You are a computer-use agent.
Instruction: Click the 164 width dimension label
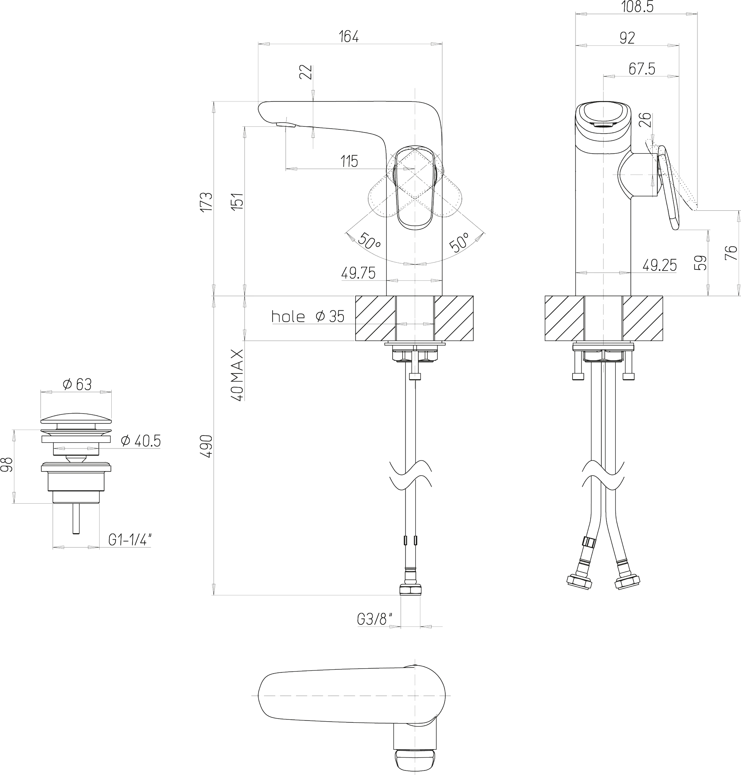(x=349, y=37)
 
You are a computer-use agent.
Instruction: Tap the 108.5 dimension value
(x=637, y=7)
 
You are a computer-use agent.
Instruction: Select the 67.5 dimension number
(x=642, y=69)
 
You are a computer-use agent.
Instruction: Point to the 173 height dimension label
(x=207, y=202)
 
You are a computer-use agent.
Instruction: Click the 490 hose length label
(x=207, y=446)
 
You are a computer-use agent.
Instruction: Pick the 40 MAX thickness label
(x=237, y=375)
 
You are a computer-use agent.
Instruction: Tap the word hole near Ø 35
(x=288, y=317)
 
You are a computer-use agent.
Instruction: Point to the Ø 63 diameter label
(x=77, y=384)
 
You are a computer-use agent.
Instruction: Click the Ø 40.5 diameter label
(x=140, y=441)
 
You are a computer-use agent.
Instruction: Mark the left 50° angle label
(x=368, y=241)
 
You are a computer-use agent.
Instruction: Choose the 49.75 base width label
(x=358, y=273)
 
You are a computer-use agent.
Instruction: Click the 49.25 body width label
(x=660, y=265)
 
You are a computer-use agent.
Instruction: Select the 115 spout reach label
(x=349, y=162)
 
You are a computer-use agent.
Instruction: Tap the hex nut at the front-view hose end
(x=410, y=590)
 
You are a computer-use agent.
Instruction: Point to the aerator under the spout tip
(x=286, y=125)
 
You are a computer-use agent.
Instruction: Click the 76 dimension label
(x=731, y=253)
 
